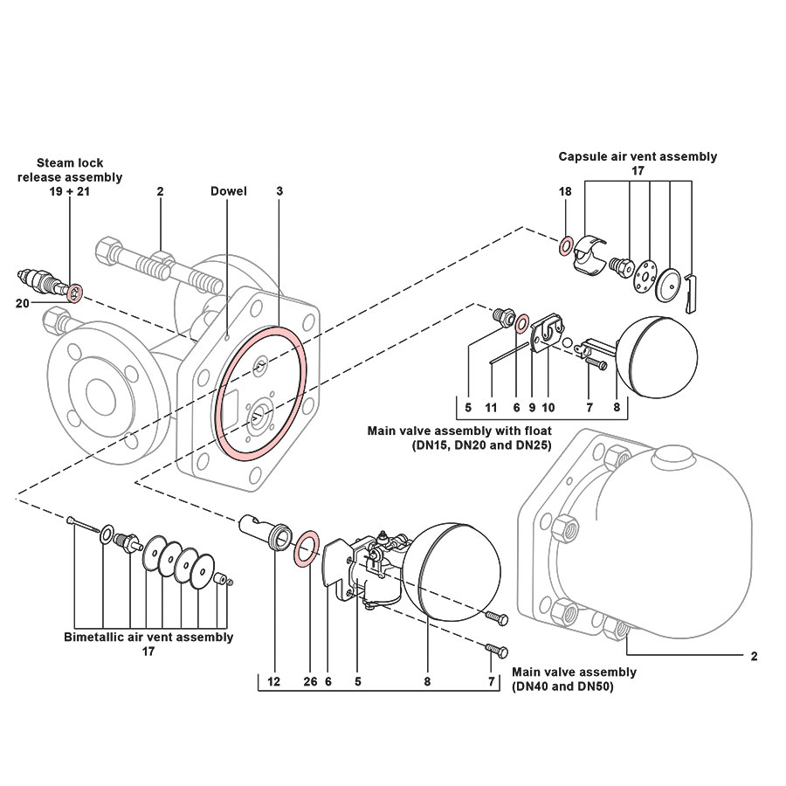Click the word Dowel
[229, 190]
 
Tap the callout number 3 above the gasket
[279, 190]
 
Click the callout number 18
[565, 190]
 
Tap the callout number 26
[309, 680]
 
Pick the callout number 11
[491, 408]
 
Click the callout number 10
[548, 408]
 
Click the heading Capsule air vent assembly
[638, 156]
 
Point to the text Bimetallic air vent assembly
[148, 637]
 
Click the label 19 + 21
[70, 190]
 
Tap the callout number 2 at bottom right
[754, 655]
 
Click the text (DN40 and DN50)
[564, 686]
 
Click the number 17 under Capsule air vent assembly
[638, 172]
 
